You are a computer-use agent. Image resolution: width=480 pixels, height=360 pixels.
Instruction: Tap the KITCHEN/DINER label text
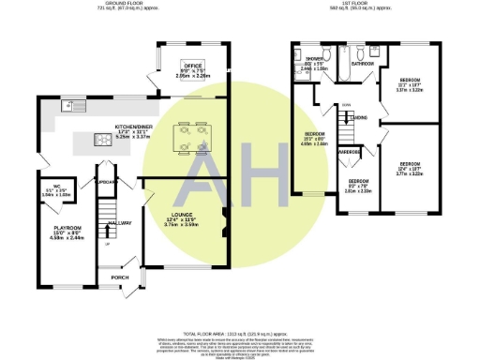pos(133,125)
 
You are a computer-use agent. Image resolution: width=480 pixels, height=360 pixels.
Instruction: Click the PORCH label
pos(119,277)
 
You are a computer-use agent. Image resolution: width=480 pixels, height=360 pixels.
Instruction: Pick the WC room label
pos(56,185)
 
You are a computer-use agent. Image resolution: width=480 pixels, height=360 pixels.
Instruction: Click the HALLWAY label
pos(119,223)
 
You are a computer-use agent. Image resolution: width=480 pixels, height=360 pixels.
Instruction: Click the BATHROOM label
pos(362,64)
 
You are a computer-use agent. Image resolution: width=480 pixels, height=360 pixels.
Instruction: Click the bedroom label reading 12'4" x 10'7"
pos(410,164)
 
